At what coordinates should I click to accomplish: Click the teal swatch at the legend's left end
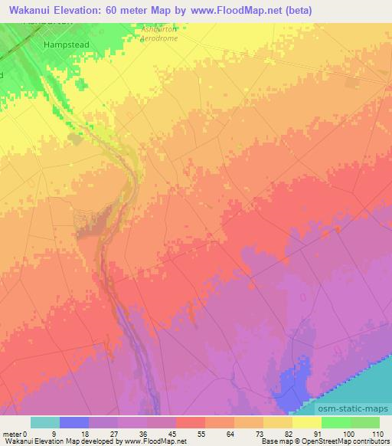tap(45, 422)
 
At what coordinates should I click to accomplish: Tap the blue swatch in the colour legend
tap(74, 422)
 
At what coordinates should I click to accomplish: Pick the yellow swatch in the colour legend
tap(307, 422)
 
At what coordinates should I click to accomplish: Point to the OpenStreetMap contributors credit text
tap(338, 441)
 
